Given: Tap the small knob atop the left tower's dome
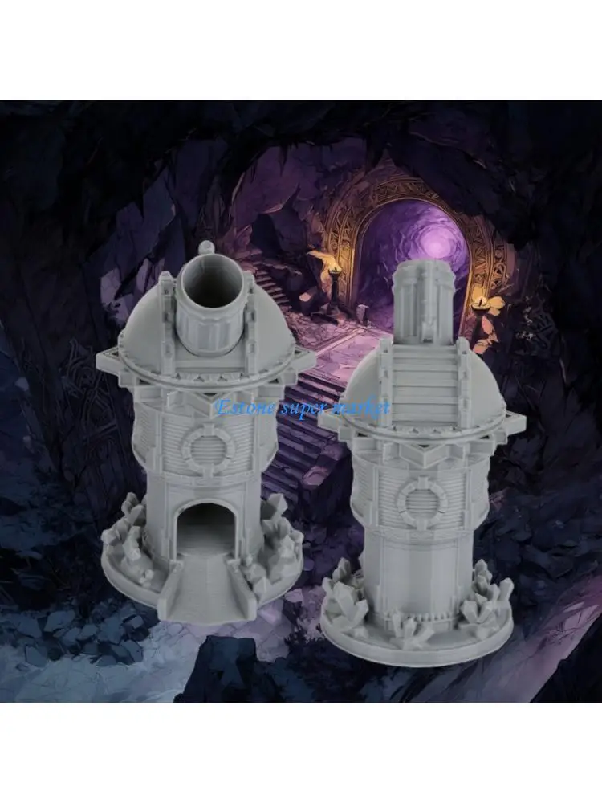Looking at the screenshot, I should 206,247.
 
